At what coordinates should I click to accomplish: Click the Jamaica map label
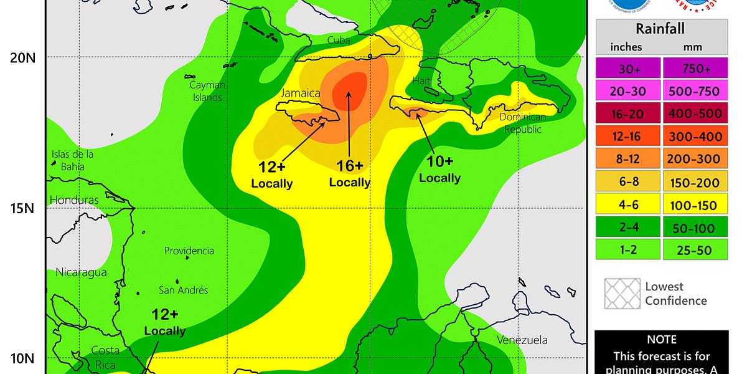coord(301,93)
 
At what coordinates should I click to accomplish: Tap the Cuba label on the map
coord(339,41)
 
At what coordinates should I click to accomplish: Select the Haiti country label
coord(422,81)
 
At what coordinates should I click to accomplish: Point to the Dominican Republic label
coord(523,123)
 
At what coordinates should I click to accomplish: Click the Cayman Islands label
coord(207,91)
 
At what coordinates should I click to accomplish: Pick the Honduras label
coord(74,200)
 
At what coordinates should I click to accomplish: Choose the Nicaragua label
coord(81,272)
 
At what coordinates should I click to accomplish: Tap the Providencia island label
coord(189,251)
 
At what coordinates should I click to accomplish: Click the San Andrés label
coord(183,290)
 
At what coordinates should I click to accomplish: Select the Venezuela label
coord(522,340)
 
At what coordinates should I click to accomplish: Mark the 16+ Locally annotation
coord(349,173)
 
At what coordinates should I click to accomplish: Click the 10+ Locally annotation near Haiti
coord(439,169)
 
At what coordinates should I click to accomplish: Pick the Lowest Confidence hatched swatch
coord(622,294)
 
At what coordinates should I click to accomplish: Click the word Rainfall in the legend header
coord(660,28)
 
